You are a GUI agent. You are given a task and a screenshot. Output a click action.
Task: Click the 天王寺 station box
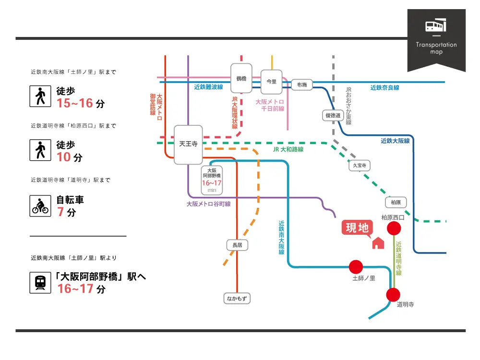[188, 144]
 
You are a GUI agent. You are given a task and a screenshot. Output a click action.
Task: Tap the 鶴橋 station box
[241, 78]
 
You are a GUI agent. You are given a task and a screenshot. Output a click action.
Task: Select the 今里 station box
[271, 82]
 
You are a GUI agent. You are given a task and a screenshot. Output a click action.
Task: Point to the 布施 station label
[301, 85]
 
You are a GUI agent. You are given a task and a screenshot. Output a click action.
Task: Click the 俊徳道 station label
[333, 116]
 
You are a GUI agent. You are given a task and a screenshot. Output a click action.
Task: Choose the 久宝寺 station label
[360, 166]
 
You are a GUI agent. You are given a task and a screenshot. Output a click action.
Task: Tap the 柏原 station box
[396, 203]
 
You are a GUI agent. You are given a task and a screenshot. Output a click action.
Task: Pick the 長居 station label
[237, 245]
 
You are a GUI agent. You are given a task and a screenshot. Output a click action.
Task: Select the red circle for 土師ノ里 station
[356, 267]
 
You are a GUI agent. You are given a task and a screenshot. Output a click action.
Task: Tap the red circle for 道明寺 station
[393, 295]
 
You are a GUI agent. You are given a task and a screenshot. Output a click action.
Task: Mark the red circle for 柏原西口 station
[394, 228]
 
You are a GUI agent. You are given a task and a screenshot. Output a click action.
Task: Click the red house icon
[378, 243]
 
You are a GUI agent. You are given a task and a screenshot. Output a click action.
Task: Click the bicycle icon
[40, 205]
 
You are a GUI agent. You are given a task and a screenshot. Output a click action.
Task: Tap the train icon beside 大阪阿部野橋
[40, 282]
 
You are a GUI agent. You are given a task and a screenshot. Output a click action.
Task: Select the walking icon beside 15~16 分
[40, 96]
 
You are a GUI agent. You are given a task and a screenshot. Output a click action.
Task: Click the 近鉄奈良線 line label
[384, 88]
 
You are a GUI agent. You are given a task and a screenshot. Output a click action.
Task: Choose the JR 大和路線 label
[288, 150]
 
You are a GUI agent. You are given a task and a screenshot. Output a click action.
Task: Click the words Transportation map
[436, 48]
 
